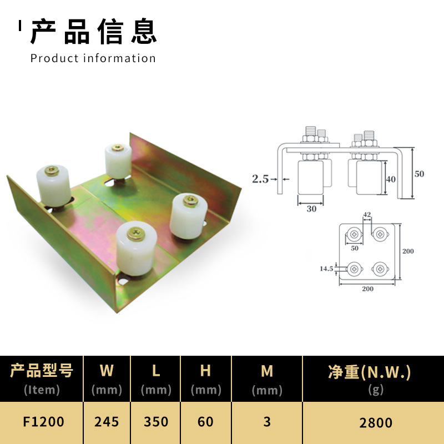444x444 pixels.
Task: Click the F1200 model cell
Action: (43, 422)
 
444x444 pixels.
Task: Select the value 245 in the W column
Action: (107, 422)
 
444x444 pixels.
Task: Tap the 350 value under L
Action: (156, 422)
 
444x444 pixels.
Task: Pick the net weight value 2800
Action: (376, 423)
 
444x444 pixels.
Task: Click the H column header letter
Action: (205, 370)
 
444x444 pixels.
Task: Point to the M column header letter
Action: (267, 371)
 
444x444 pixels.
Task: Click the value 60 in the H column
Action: (205, 422)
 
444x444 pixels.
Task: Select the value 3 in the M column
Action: (267, 422)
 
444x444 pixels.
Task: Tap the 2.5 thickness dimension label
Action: (260, 179)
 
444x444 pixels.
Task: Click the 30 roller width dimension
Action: (311, 209)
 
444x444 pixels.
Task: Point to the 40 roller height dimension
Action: (391, 179)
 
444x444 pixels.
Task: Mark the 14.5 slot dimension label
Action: (326, 269)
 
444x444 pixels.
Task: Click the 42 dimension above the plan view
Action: (367, 214)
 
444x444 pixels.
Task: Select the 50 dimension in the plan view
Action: (355, 248)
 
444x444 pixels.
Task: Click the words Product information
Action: (93, 58)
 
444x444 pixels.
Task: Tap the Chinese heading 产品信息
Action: (93, 32)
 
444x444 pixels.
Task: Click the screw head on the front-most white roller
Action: (136, 234)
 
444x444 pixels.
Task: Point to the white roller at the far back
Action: (118, 161)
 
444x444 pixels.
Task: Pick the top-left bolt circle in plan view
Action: (354, 234)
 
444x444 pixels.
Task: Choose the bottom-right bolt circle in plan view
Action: (380, 269)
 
